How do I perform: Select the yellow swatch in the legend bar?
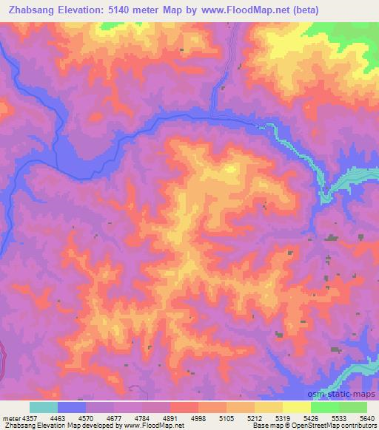pyautogui.click(x=296, y=407)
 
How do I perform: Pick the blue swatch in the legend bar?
pyautogui.click(x=72, y=407)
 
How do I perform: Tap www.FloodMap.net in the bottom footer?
pyautogui.click(x=158, y=426)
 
